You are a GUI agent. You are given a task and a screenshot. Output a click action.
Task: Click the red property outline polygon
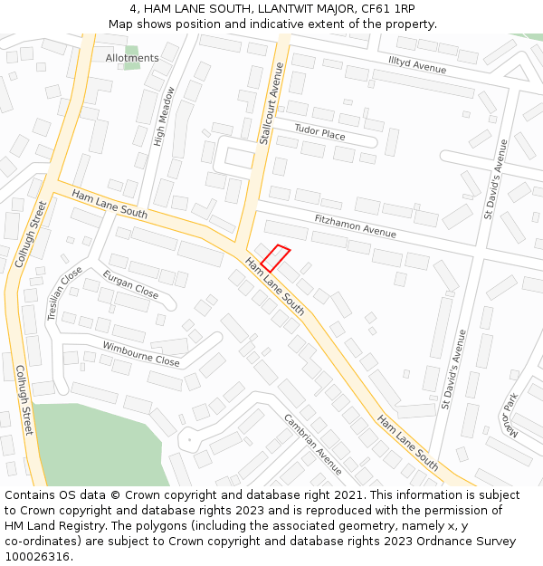tap(275, 258)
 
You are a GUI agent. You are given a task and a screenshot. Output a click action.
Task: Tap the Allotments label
tap(132, 58)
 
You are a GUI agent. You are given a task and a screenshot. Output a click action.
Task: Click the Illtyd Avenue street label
tap(417, 63)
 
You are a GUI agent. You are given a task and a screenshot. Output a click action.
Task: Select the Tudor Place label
tap(319, 134)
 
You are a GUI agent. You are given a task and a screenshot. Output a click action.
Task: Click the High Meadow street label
tap(164, 116)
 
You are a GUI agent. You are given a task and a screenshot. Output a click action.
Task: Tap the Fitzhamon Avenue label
tap(355, 226)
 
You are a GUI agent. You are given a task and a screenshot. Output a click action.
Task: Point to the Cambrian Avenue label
tap(313, 444)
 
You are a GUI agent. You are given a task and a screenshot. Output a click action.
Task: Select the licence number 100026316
tap(39, 556)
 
